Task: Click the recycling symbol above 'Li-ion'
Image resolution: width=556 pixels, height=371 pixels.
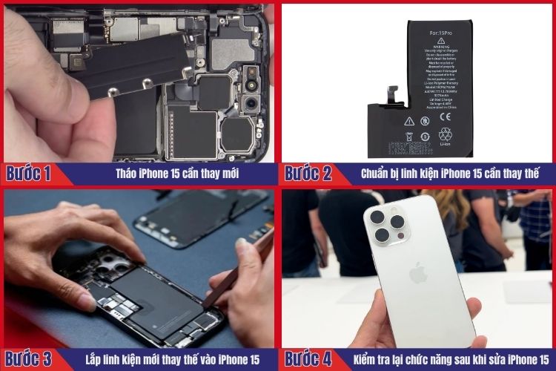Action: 446,134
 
